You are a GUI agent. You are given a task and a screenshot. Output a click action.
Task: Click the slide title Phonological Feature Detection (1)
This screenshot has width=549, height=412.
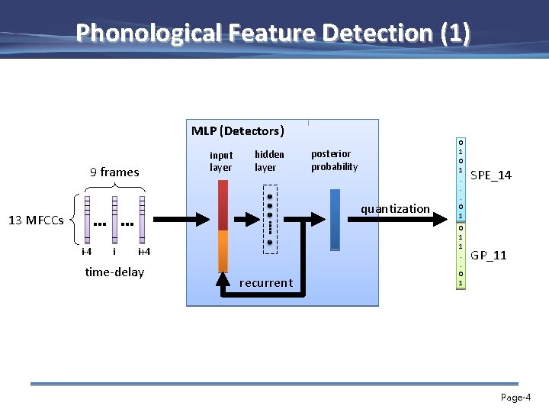[273, 33]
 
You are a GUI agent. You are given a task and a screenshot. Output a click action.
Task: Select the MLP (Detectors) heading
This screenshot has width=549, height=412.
[237, 130]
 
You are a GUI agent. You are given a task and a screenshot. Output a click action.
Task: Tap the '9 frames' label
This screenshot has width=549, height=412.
[114, 172]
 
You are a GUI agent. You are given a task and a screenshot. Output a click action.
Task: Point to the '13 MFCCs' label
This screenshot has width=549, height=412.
[35, 221]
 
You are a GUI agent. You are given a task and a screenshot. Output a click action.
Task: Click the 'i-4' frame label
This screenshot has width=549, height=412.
[86, 252]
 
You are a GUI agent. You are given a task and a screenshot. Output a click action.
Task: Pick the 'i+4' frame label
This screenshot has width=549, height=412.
[143, 252]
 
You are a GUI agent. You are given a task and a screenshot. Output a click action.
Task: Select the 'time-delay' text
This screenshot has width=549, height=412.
[114, 272]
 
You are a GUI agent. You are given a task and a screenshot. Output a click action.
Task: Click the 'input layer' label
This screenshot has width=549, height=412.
[221, 161]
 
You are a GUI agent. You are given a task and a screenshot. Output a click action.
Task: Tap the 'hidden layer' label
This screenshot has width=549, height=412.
[269, 161]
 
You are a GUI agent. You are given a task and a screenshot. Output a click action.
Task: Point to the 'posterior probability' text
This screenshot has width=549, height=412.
[334, 160]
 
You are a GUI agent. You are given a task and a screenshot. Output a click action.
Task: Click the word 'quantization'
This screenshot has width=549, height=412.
[395, 209]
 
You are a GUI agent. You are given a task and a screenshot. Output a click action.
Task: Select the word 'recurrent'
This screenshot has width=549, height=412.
[265, 283]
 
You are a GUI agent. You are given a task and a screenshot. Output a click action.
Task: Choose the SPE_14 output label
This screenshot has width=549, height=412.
[491, 176]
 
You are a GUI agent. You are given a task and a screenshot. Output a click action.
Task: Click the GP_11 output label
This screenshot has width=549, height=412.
[489, 255]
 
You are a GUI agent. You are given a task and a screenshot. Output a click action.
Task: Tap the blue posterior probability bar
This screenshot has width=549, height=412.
[335, 218]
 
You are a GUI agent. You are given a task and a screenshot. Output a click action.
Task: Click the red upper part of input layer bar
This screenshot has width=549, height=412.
[223, 204]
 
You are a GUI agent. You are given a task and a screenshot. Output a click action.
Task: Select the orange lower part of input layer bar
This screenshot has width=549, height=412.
[223, 250]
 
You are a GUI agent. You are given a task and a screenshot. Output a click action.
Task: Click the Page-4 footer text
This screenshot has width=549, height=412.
[515, 398]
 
